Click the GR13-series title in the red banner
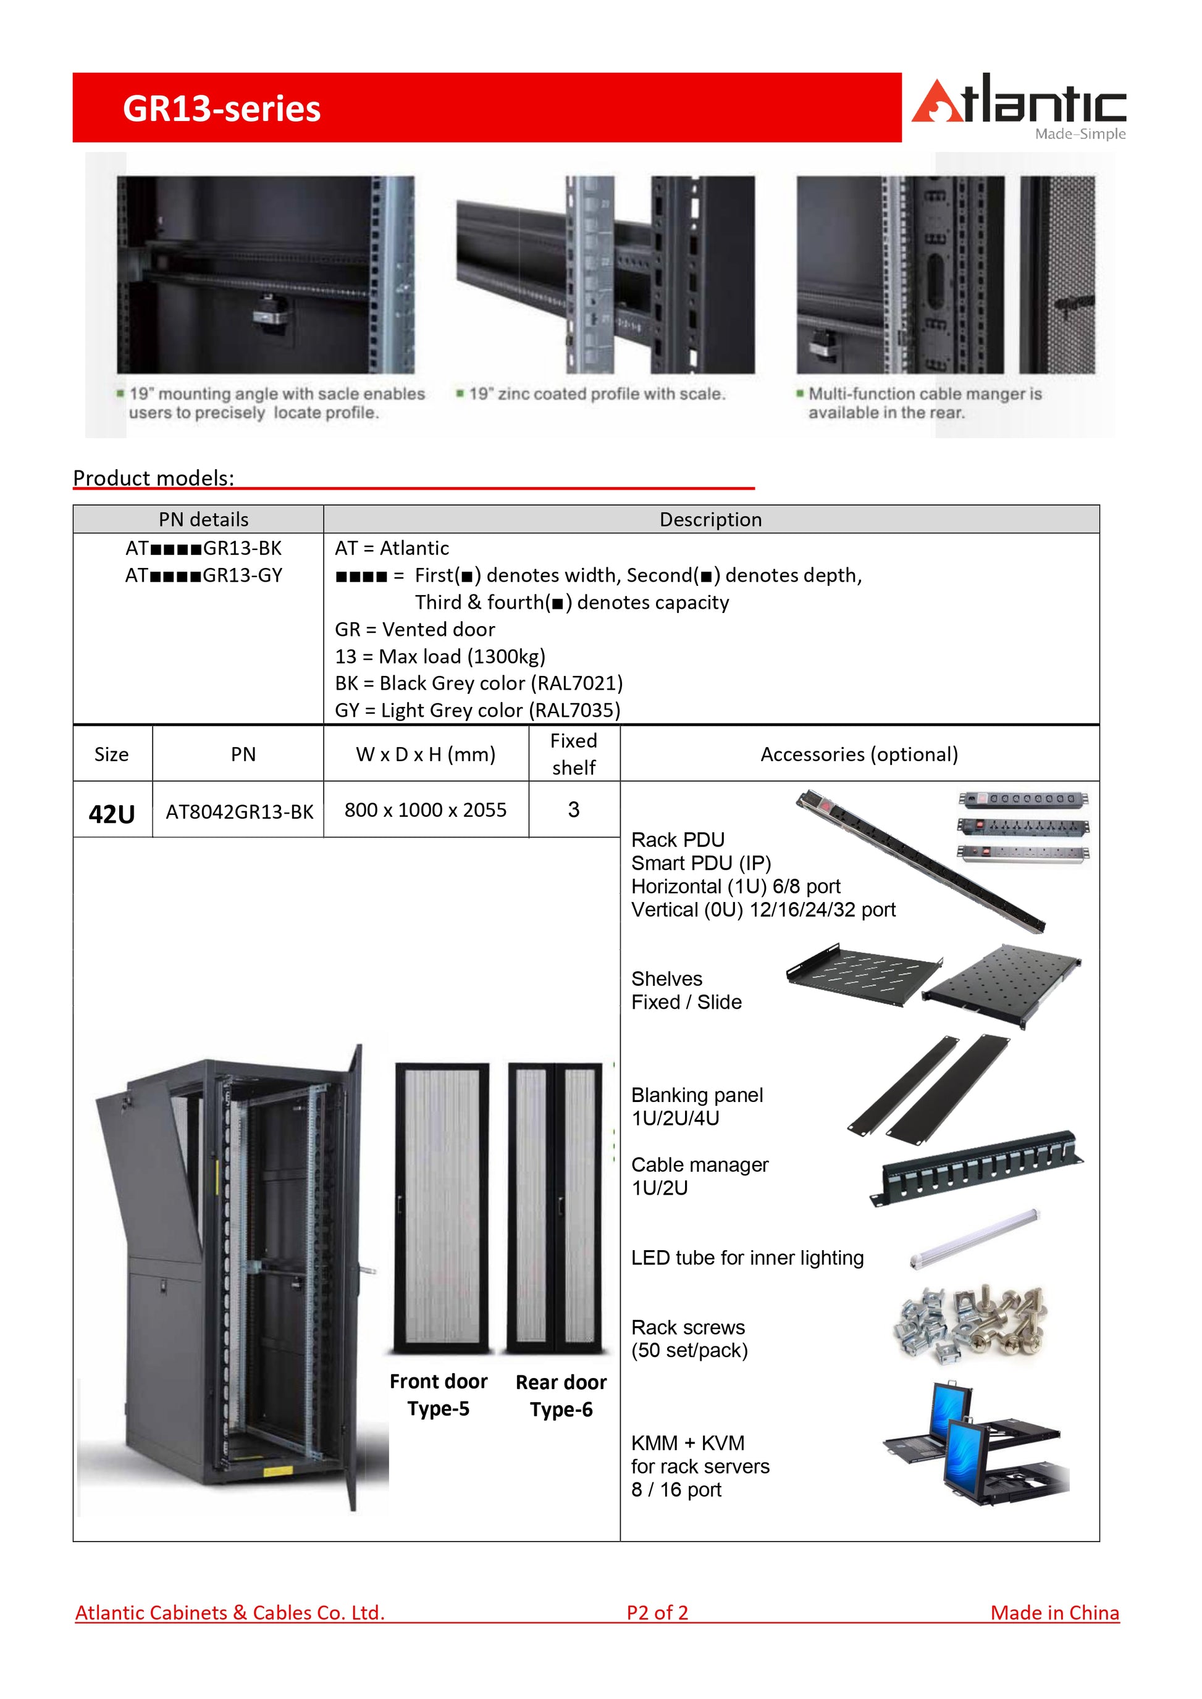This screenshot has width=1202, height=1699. tap(221, 109)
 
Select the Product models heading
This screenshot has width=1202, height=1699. tap(153, 478)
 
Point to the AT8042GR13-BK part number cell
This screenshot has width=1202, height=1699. tap(239, 812)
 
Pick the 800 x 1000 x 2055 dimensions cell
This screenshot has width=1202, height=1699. tap(426, 809)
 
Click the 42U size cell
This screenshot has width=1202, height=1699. tap(112, 814)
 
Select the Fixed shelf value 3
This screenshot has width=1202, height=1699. tap(574, 809)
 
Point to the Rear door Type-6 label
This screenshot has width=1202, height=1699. tap(561, 1396)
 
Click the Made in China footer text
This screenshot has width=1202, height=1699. tap(1055, 1613)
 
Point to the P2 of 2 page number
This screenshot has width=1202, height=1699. tap(657, 1613)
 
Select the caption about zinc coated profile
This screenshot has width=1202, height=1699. tap(597, 394)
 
